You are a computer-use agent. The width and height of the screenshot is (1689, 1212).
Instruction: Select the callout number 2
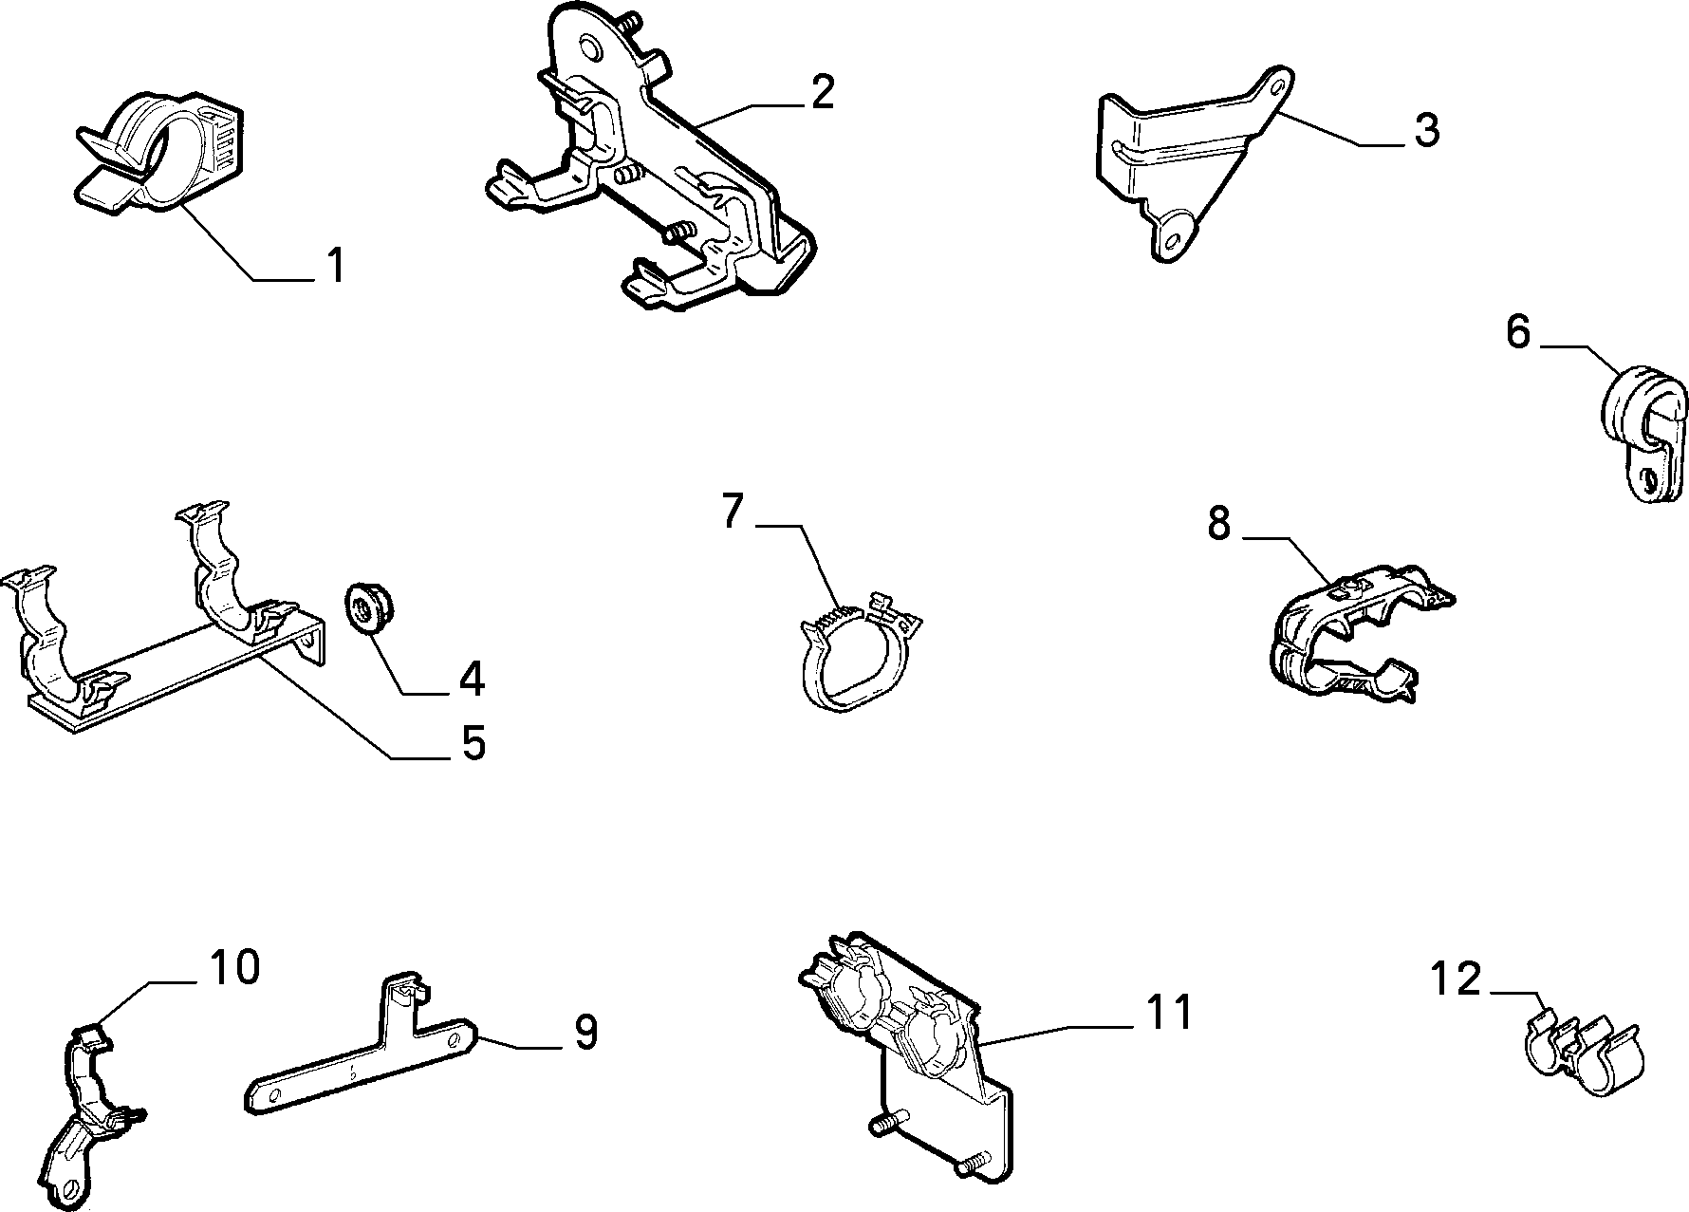tap(822, 92)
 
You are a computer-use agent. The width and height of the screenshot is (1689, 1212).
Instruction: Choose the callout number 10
tap(234, 967)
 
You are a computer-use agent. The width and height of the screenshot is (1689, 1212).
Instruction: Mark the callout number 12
tap(1456, 979)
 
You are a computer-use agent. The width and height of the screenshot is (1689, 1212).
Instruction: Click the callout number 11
tap(1166, 1011)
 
